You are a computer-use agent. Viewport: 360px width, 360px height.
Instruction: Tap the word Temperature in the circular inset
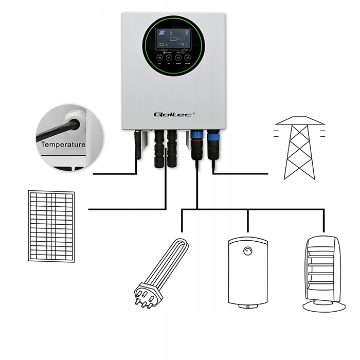point(63,145)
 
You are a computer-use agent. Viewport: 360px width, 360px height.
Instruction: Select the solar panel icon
point(51,227)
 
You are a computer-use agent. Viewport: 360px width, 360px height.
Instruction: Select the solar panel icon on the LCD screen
point(163,32)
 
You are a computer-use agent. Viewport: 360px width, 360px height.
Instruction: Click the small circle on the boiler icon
point(248,251)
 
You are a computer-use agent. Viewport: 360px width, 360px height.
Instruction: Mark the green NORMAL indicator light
point(165,53)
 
